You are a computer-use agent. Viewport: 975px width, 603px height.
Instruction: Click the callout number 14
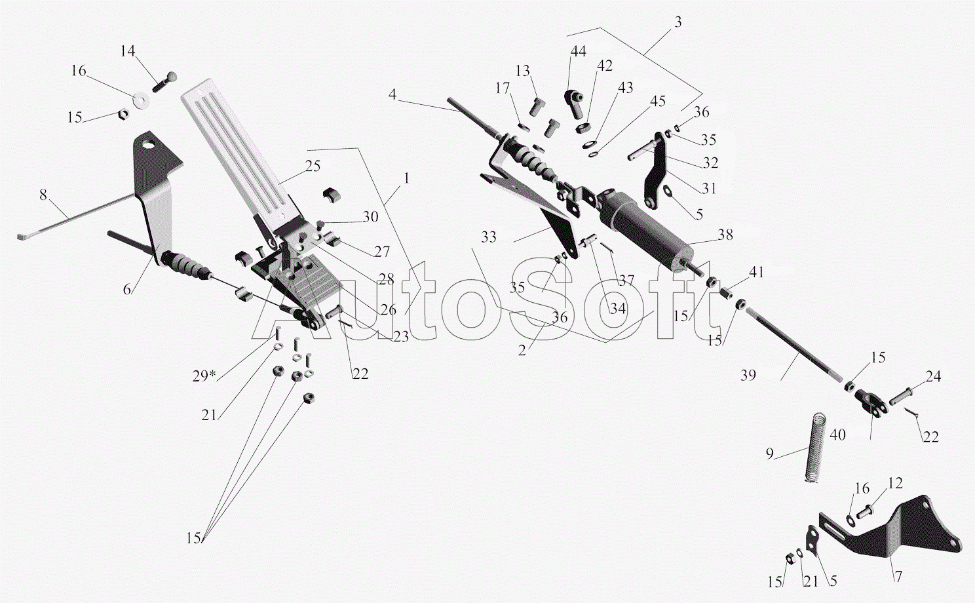click(x=127, y=51)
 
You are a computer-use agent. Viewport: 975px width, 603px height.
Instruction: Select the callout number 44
click(x=578, y=51)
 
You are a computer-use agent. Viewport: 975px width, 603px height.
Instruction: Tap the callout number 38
click(x=725, y=235)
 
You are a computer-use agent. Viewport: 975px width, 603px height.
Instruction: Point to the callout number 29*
click(x=204, y=376)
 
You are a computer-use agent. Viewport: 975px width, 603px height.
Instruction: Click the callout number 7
click(x=898, y=576)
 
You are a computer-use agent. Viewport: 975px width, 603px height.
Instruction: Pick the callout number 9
click(x=769, y=453)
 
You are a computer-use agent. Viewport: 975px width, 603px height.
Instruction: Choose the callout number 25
click(x=313, y=166)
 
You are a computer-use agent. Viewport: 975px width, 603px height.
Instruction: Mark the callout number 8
click(x=43, y=195)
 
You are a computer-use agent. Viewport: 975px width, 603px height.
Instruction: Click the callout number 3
click(x=678, y=22)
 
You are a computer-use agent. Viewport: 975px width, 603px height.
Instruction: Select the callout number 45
click(x=657, y=101)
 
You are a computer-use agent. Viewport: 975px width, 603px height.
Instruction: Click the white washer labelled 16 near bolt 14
click(x=140, y=100)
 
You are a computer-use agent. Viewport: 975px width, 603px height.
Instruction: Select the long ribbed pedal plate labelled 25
click(x=236, y=151)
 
